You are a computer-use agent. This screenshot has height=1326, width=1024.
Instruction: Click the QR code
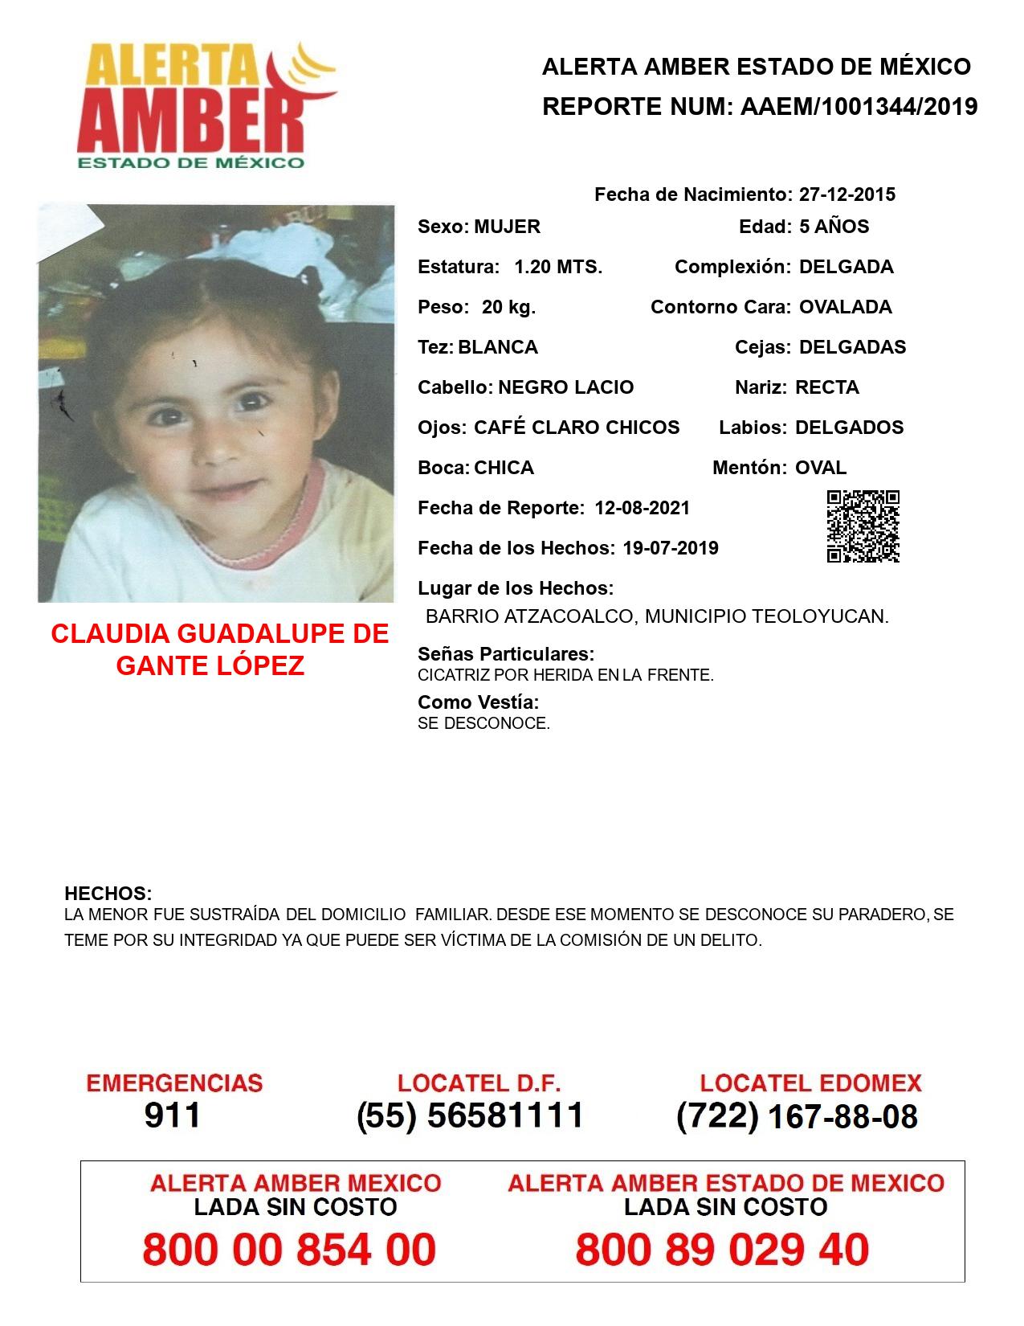tap(863, 526)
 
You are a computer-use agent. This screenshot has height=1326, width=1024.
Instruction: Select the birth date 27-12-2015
tap(847, 194)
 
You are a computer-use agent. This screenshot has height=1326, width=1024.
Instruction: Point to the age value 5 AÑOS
tap(834, 227)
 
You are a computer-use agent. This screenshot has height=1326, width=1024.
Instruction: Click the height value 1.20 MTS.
tap(558, 267)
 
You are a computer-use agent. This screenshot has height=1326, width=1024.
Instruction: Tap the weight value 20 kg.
tap(508, 307)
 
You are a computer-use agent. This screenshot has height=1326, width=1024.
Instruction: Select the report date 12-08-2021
tap(642, 508)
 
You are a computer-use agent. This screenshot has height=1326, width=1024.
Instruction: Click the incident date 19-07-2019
tap(670, 548)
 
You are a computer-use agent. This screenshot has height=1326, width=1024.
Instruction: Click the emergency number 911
tap(173, 1115)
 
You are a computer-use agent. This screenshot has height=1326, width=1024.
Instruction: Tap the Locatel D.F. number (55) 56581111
tap(470, 1115)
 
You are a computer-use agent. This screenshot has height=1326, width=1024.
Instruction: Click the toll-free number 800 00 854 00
tap(289, 1250)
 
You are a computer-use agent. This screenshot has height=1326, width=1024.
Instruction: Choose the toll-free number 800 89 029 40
tap(722, 1250)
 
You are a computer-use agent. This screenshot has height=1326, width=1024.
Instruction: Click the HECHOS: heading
tap(108, 894)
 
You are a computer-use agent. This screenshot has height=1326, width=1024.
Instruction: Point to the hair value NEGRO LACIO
tap(565, 387)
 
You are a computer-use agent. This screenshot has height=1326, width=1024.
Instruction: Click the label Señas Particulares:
tap(506, 654)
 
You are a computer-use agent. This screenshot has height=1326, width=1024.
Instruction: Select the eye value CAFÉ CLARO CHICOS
tap(576, 428)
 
